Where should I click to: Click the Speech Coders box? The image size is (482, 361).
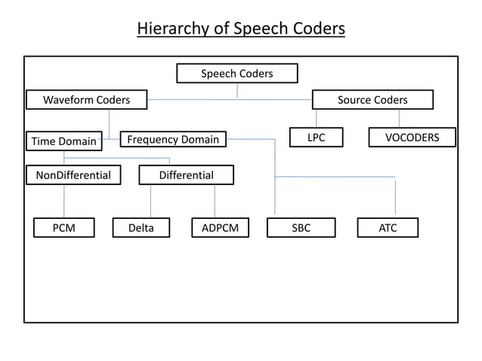[x=236, y=73]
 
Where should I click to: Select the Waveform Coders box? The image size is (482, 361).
[x=86, y=100]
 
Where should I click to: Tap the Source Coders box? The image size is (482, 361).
[x=372, y=100]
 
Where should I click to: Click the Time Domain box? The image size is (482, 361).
[x=63, y=141]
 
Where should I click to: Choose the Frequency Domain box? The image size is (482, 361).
[x=173, y=139]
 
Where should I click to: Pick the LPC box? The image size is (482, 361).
[x=316, y=137]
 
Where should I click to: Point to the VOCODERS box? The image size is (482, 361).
[x=412, y=137]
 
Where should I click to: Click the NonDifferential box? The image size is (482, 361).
[x=68, y=175]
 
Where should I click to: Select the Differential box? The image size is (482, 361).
[x=186, y=175]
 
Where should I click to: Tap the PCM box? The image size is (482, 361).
[x=63, y=227]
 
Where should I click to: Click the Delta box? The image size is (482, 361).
[x=141, y=227]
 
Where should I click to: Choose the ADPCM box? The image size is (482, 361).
[x=220, y=227]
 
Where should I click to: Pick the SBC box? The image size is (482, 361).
[x=301, y=227]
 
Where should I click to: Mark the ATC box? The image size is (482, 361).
[x=388, y=227]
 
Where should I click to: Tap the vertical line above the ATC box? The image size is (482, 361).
[x=395, y=198]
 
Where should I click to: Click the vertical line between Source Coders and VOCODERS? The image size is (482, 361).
[x=399, y=119]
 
